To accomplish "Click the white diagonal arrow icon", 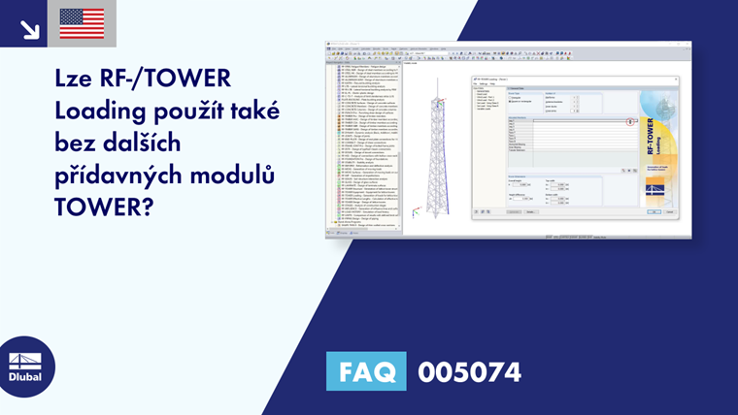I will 29,28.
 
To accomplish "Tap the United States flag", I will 82,23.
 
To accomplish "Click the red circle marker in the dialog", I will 630,121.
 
